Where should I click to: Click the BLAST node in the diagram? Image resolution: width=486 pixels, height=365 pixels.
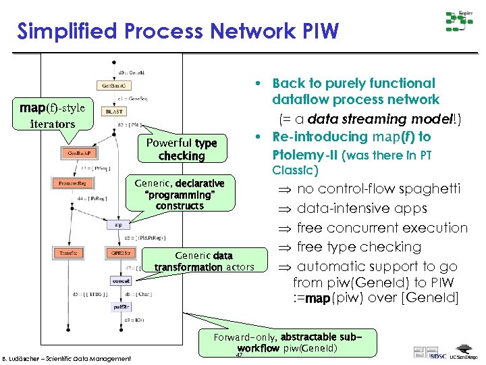[113, 111]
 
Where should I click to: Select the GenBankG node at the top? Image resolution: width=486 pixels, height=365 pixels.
[113, 86]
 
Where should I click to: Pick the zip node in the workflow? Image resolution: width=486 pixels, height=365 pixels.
[118, 224]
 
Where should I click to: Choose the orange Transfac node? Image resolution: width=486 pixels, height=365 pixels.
[68, 253]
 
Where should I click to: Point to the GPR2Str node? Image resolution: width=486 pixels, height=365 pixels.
[119, 253]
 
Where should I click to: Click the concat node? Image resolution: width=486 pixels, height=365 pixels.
[121, 280]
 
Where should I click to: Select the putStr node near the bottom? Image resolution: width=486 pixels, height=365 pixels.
[121, 307]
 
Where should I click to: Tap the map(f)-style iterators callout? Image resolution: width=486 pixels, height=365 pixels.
[53, 116]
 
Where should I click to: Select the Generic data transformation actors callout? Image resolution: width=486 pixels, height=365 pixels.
[204, 262]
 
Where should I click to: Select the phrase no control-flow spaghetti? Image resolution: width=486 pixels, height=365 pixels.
[378, 189]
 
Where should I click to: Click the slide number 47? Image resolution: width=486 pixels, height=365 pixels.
[239, 355]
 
